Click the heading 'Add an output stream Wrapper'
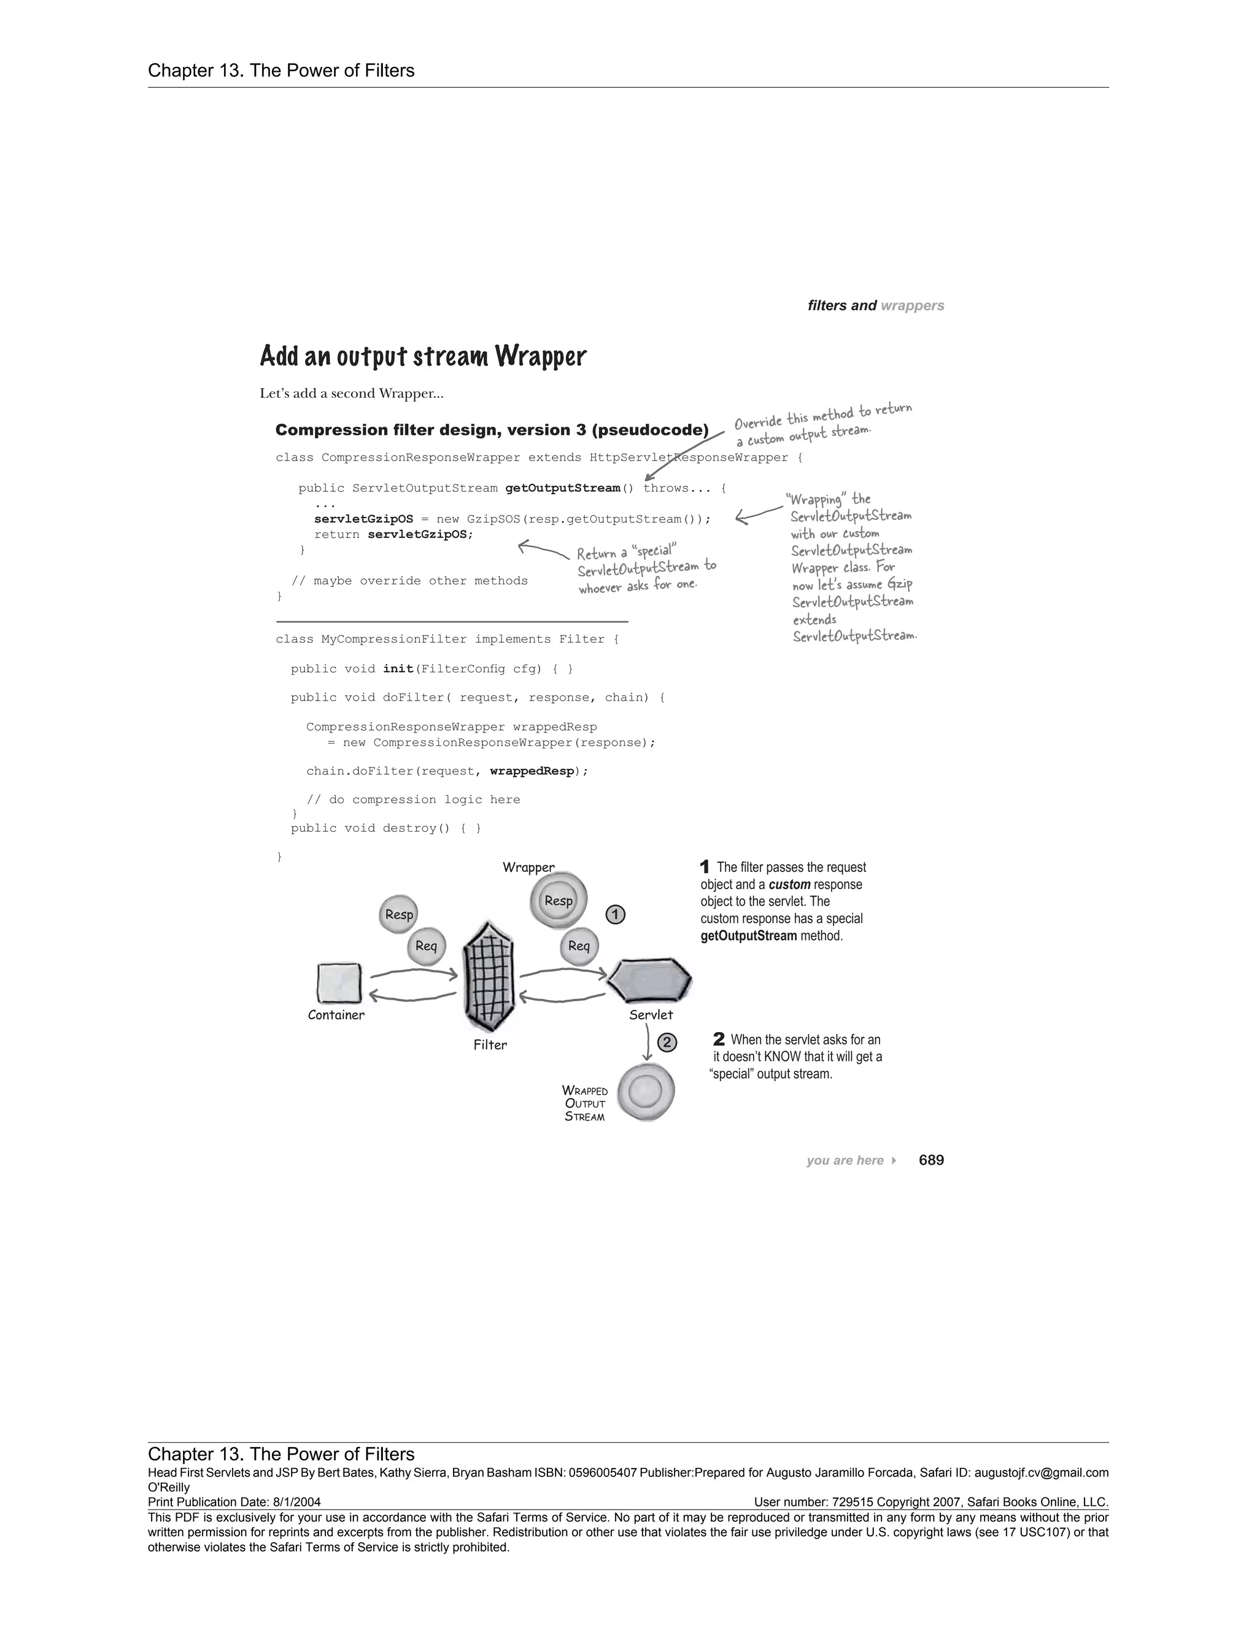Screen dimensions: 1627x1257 pyautogui.click(x=423, y=356)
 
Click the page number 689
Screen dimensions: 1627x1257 pyautogui.click(x=931, y=1160)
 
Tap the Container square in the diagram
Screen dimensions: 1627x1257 pyautogui.click(x=339, y=984)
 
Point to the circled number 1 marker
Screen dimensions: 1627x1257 pyautogui.click(x=615, y=915)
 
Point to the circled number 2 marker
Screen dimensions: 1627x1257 pyautogui.click(x=667, y=1043)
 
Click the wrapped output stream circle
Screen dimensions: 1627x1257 pyautogui.click(x=646, y=1092)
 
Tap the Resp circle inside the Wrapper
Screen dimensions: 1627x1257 pyautogui.click(x=559, y=901)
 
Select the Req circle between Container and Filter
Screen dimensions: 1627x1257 pyautogui.click(x=426, y=946)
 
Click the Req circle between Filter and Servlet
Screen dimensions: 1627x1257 pyautogui.click(x=579, y=946)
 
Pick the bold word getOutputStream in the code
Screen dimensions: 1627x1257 pyautogui.click(x=562, y=488)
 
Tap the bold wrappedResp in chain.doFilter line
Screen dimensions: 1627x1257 pyautogui.click(x=532, y=771)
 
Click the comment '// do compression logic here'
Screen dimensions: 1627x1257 pyautogui.click(x=413, y=799)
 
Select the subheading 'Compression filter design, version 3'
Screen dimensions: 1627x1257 pyautogui.click(x=492, y=430)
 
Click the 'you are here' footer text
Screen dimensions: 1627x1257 pyautogui.click(x=845, y=1160)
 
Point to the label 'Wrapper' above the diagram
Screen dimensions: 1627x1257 pyautogui.click(x=528, y=867)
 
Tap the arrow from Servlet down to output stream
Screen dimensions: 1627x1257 pyautogui.click(x=649, y=1041)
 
